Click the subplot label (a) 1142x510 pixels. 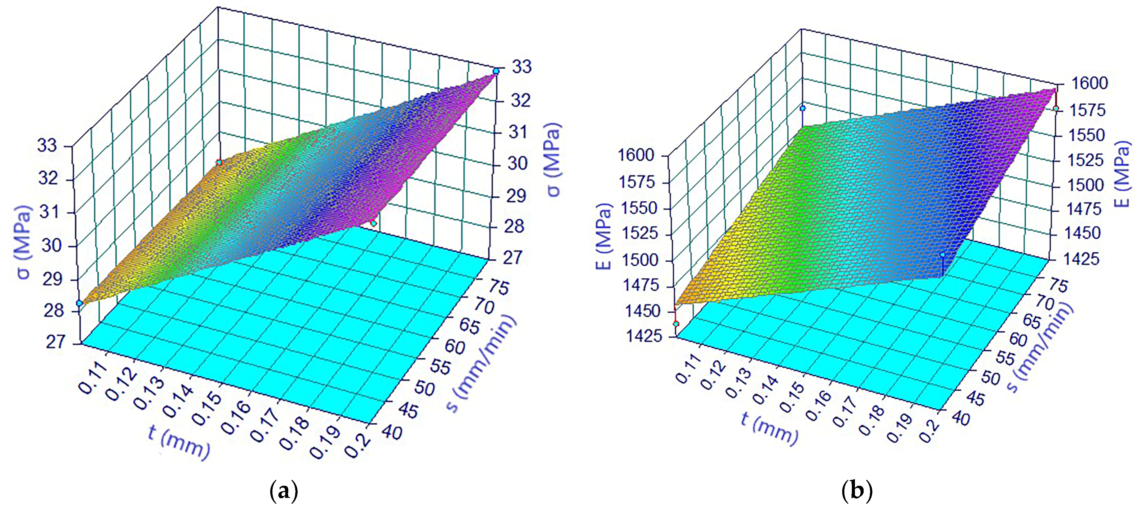pyautogui.click(x=284, y=491)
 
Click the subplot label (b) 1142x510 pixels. pyautogui.click(x=856, y=491)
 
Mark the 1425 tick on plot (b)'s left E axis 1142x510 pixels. pyautogui.click(x=644, y=336)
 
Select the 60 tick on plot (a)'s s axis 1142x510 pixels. pyautogui.click(x=454, y=347)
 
